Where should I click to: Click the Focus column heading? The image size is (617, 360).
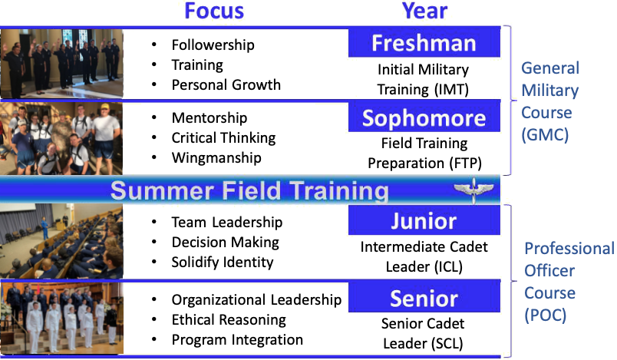pos(214,11)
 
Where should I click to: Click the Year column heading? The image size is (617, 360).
pos(424,11)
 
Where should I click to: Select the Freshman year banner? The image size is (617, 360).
pos(424,42)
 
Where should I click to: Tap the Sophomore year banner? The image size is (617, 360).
pos(424,117)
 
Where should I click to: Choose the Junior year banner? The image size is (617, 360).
pos(424,220)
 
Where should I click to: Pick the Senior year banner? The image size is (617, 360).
pos(424,298)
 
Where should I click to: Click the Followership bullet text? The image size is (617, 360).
pos(213,45)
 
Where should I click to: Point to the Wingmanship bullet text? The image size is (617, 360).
pos(216,158)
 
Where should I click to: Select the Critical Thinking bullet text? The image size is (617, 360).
pos(223,137)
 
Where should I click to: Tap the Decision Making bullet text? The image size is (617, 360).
pos(225,243)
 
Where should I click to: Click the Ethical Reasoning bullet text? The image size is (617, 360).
pos(229,320)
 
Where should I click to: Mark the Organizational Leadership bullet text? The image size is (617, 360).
pos(256,300)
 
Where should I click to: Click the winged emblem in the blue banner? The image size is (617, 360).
pos(473,190)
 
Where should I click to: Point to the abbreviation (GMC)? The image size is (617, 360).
pos(545,134)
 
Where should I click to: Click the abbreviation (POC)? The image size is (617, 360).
pos(546,315)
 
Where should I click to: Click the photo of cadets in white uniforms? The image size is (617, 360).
pos(62,318)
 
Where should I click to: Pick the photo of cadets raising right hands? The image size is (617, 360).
pos(62,64)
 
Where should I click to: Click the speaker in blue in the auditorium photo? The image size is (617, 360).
pos(45,227)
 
